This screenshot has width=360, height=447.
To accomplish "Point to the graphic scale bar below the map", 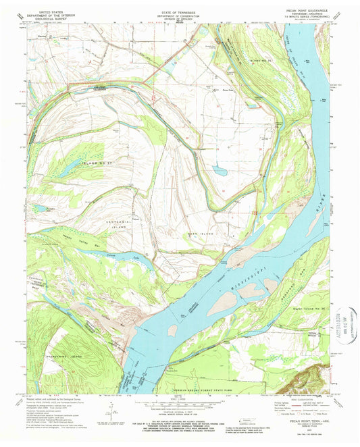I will click(x=178, y=406).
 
